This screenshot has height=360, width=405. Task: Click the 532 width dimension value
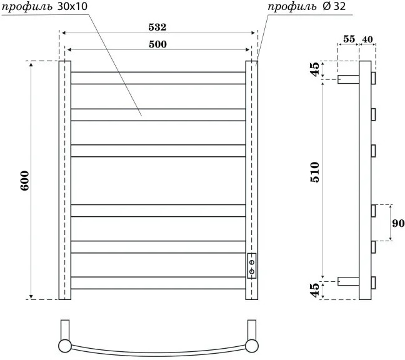(x=157, y=27)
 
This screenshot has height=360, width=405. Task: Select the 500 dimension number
(x=157, y=44)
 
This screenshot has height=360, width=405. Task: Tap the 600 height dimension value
(x=25, y=181)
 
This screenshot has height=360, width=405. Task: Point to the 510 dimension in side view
(x=315, y=172)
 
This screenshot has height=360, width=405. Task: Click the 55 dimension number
(x=349, y=39)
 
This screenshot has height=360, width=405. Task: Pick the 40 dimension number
(x=367, y=39)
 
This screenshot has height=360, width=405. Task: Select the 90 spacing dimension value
(x=398, y=223)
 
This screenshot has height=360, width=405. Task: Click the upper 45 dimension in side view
(x=315, y=69)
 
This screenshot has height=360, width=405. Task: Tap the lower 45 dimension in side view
(x=315, y=290)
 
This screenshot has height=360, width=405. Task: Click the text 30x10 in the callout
(x=72, y=6)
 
